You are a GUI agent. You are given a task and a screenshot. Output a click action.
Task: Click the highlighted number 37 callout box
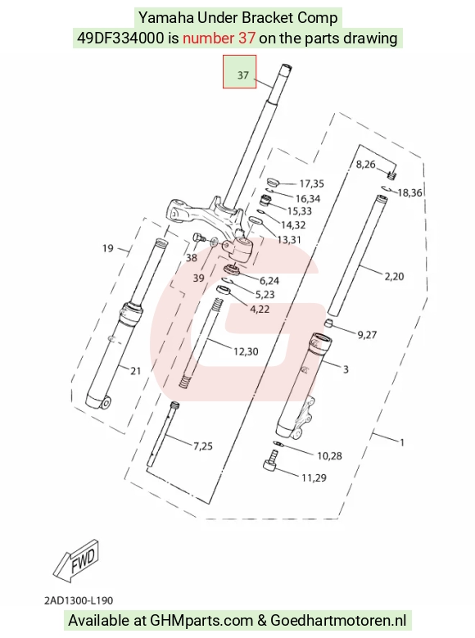pos(239,71)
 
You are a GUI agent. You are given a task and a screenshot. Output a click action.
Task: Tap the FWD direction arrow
pos(76,560)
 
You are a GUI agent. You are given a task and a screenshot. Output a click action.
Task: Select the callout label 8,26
pos(365,164)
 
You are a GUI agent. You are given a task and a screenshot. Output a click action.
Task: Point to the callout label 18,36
pos(409,192)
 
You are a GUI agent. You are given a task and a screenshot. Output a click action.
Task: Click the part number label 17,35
pos(311,184)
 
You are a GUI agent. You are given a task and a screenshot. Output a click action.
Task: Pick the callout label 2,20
pos(394,277)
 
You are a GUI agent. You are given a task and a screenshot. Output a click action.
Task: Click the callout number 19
pos(107,248)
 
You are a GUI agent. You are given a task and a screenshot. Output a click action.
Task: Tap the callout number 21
pos(136,371)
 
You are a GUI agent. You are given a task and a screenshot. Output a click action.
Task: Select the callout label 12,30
pos(246,351)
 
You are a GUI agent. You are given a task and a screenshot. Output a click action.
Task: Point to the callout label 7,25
pos(203,446)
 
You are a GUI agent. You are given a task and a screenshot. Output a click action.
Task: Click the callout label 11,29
pos(314,477)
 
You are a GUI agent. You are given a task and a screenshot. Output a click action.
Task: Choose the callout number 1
pos(402,442)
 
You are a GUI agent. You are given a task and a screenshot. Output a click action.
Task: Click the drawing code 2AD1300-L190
pos(79,600)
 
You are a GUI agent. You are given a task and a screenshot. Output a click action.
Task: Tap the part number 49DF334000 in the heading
pos(120,38)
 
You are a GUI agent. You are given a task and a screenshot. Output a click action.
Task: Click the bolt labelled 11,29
pos(271,460)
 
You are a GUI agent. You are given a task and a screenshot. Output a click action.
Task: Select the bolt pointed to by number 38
pos(198,238)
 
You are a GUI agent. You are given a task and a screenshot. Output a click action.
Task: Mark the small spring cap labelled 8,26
pos(392,175)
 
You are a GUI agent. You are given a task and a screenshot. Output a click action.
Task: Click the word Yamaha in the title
pos(166,18)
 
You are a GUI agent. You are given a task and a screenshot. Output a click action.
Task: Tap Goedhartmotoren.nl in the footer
pos(338,621)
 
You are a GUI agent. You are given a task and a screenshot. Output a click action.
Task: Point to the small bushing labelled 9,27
pos(329,324)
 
